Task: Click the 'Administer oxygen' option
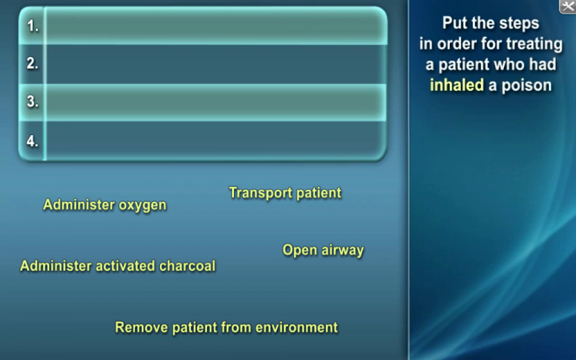[x=105, y=205]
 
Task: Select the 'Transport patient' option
[x=285, y=193]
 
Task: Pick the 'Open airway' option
[x=323, y=250]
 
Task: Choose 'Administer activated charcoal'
[x=118, y=266]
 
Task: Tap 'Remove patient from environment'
[x=227, y=327]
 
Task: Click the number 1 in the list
[x=33, y=26]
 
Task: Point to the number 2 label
[x=33, y=64]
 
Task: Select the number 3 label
[x=33, y=101]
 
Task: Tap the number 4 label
[x=33, y=141]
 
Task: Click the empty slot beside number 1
[x=216, y=26]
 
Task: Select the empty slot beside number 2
[x=216, y=64]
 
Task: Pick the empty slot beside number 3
[x=216, y=102]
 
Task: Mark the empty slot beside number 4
[x=216, y=141]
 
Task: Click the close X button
[x=568, y=6]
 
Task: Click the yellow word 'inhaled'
[x=457, y=85]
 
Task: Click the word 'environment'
[x=296, y=327]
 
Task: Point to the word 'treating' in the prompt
[x=534, y=44]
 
